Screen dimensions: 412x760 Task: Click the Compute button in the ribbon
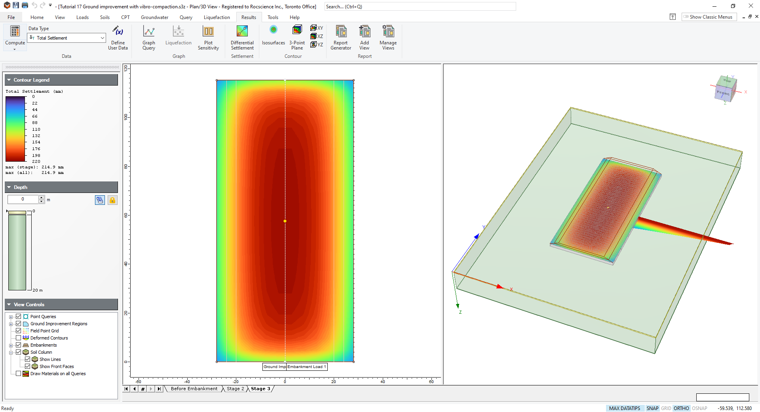(15, 36)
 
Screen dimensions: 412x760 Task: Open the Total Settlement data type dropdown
(102, 38)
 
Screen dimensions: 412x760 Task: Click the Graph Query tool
(149, 38)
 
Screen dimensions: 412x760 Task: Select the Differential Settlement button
(242, 38)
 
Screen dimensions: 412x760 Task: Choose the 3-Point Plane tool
(297, 38)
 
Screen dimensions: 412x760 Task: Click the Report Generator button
(341, 38)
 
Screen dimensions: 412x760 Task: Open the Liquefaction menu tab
(217, 17)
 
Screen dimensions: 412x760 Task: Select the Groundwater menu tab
(154, 17)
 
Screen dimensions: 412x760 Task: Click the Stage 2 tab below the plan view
(236, 389)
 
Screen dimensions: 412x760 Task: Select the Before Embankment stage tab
(194, 389)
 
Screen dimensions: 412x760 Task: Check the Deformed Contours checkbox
(18, 338)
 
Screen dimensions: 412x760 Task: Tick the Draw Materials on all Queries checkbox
(18, 374)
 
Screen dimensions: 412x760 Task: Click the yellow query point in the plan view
(285, 221)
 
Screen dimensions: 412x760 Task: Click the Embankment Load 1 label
(307, 367)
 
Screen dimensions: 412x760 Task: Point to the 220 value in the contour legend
(36, 162)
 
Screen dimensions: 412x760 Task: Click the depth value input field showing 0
(23, 199)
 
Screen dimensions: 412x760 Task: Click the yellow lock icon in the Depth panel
(112, 200)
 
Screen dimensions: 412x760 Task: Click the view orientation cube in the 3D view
(726, 89)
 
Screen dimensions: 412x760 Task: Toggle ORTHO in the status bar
(681, 408)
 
